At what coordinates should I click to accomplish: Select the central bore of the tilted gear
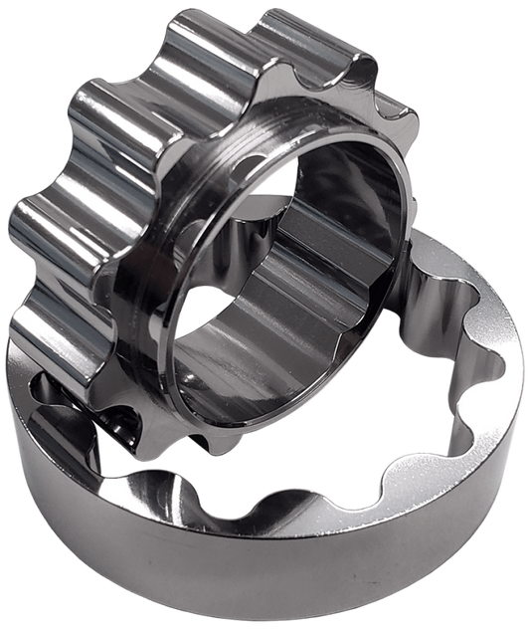coord(288,289)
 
